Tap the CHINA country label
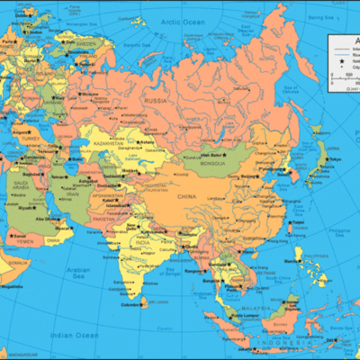[x=188, y=195]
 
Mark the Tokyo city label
[x=335, y=159]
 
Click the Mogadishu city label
[x=13, y=286]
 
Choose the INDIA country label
[x=141, y=241]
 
